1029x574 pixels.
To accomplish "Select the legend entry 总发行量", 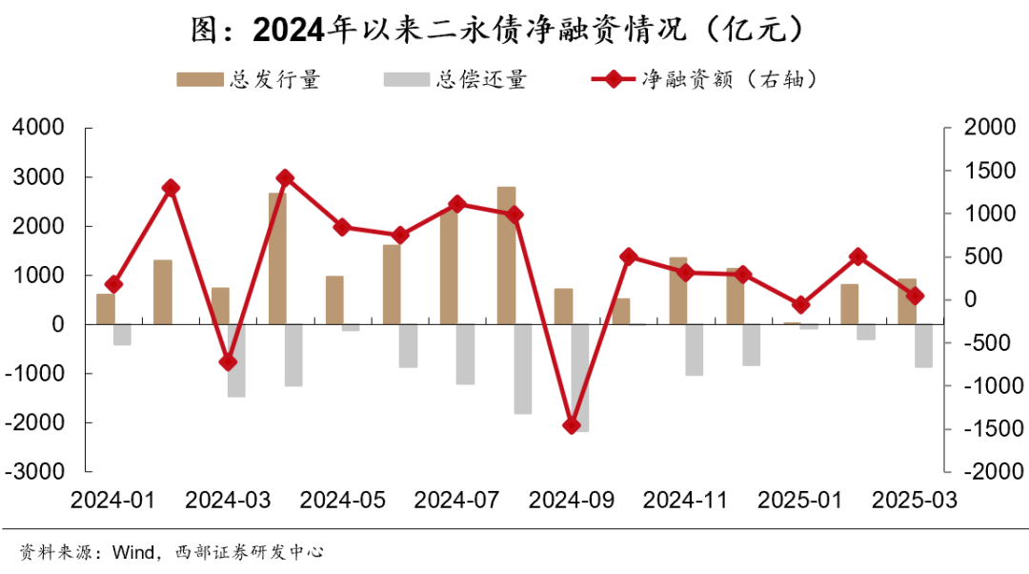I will pyautogui.click(x=249, y=79).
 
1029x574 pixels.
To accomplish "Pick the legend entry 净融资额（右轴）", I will pyautogui.click(x=705, y=79).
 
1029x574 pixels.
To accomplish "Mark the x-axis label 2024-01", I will pyautogui.click(x=112, y=500).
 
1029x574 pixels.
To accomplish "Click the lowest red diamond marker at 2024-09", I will pyautogui.click(x=572, y=425).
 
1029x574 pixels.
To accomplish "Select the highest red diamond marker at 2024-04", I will pyautogui.click(x=285, y=178).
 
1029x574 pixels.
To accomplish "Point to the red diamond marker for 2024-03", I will pyautogui.click(x=228, y=362).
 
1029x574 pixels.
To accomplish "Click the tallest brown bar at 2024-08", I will pyautogui.click(x=506, y=255).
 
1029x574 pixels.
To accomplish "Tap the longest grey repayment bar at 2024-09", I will pyautogui.click(x=580, y=378).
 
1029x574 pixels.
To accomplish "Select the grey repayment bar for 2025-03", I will pyautogui.click(x=923, y=345).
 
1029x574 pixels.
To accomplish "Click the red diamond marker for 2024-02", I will pyautogui.click(x=171, y=188).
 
